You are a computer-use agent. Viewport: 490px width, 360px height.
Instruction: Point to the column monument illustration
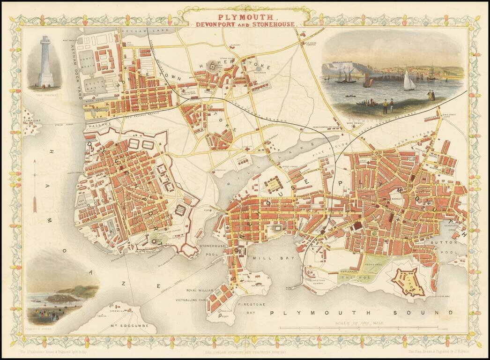tap(45, 63)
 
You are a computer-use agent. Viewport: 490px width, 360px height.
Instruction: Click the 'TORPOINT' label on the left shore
tap(33, 120)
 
